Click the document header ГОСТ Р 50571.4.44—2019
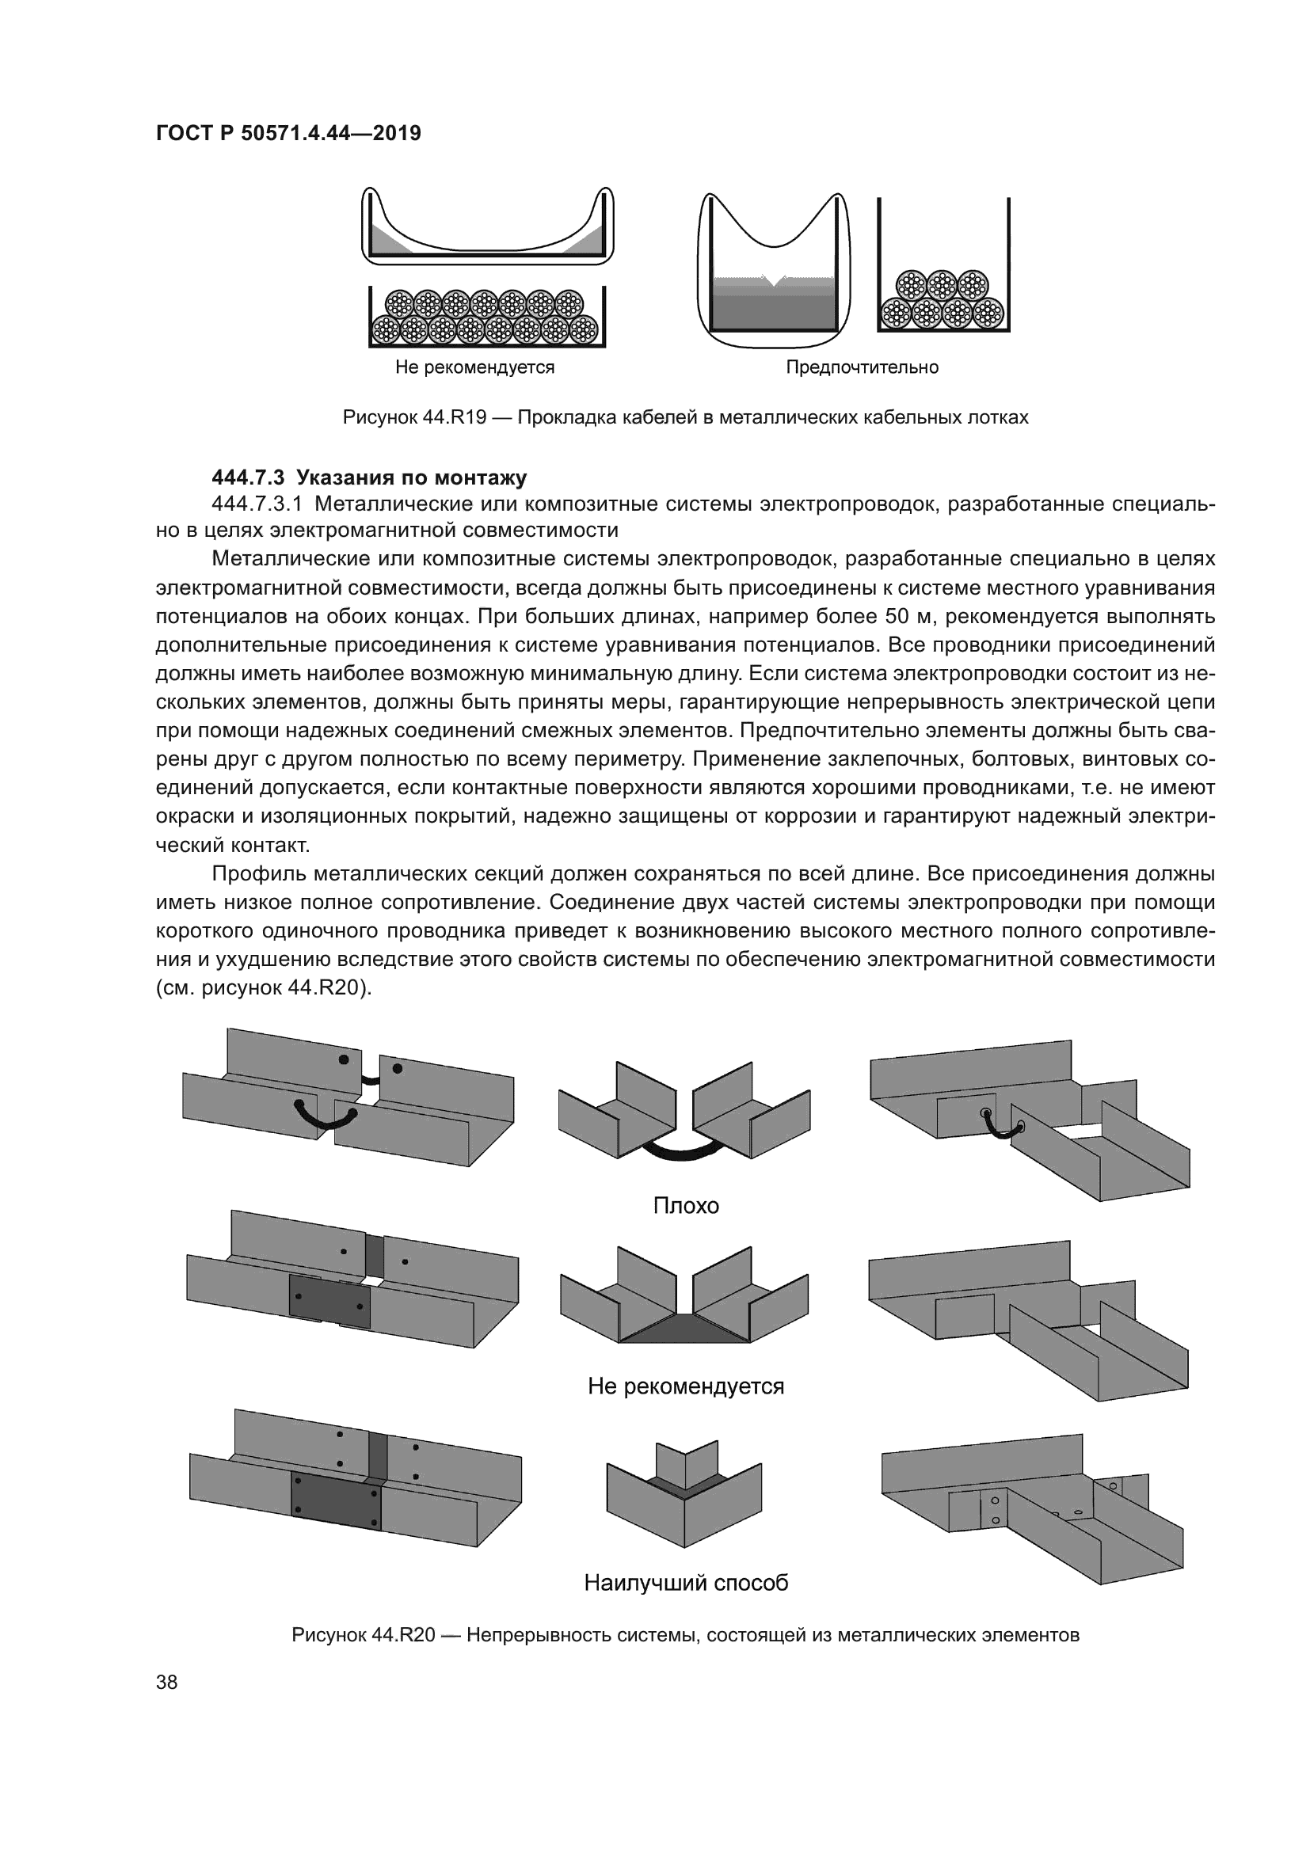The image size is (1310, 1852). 288,133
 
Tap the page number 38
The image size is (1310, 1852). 167,1682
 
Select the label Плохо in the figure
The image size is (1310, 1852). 686,1206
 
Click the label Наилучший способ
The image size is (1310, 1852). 686,1583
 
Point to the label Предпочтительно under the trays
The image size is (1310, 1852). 863,368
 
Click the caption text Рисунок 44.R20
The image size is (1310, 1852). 363,1635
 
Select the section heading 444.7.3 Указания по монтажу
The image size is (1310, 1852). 368,477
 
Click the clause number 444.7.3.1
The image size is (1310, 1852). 256,504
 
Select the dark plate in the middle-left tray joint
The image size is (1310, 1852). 329,1298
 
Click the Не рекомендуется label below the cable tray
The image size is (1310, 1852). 474,368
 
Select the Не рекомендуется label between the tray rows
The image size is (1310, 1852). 686,1386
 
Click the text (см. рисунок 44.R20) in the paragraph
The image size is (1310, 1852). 264,988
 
